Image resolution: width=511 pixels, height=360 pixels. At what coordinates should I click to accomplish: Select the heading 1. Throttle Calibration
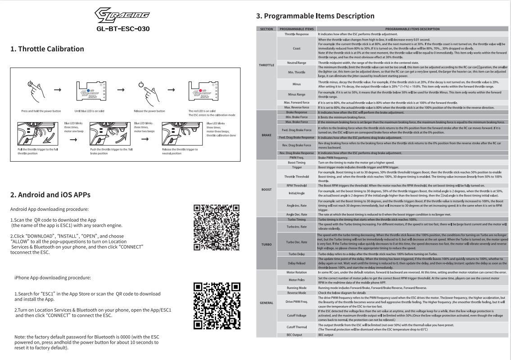click(47, 49)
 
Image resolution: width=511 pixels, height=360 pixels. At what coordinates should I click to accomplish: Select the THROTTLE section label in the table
click(267, 65)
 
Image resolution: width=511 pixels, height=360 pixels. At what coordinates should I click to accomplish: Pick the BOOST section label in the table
click(267, 189)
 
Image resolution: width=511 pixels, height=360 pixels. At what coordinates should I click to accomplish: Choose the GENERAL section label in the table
click(267, 302)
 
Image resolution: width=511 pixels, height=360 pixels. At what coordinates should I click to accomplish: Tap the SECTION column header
click(267, 29)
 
